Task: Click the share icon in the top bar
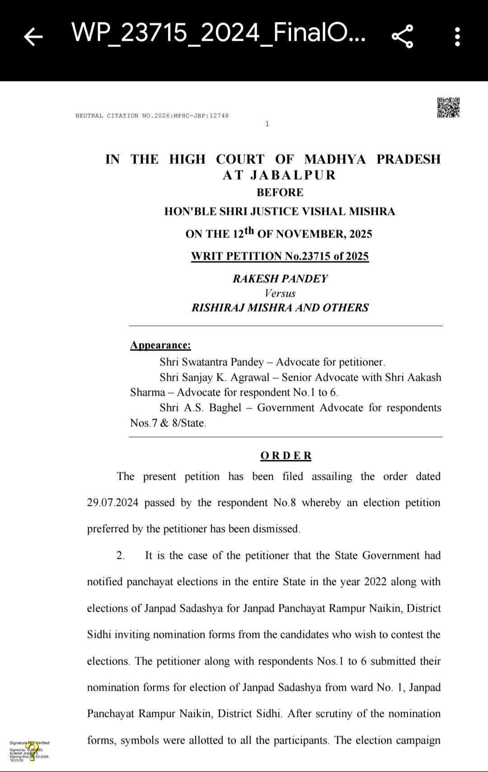point(402,37)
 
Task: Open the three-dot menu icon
point(457,37)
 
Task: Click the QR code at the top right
point(448,108)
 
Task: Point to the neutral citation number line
point(152,116)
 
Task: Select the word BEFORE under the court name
point(280,193)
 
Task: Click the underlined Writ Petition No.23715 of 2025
point(280,256)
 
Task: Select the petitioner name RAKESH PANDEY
point(280,279)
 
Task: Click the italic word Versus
point(280,293)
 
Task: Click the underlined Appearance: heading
point(160,345)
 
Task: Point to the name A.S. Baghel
point(212,408)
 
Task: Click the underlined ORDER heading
point(286,456)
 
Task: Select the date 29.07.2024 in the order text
point(113,503)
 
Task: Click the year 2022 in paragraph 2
point(373,582)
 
